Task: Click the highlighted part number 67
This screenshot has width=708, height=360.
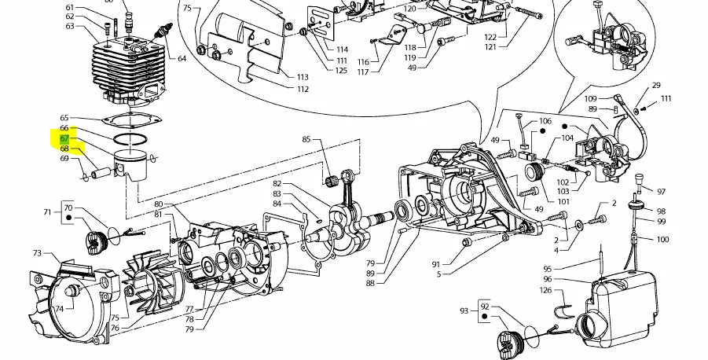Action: [64, 138]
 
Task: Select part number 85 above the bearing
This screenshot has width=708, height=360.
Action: [306, 140]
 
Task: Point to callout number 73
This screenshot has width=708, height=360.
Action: [37, 253]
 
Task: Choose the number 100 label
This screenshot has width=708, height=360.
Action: [662, 239]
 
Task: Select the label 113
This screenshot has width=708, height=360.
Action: [303, 77]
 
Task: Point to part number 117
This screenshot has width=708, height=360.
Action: [362, 72]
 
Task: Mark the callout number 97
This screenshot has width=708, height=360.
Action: [661, 192]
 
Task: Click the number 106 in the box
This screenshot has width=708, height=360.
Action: [545, 122]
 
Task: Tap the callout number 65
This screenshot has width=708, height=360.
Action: [64, 118]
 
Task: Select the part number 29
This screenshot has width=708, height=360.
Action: [656, 85]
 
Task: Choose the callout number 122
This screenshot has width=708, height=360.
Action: [490, 37]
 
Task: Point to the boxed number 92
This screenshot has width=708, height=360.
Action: [485, 306]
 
